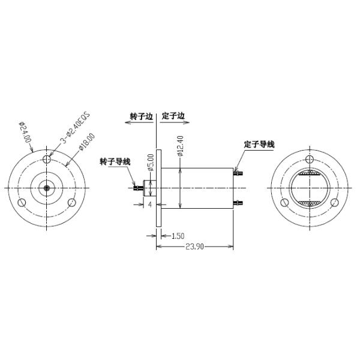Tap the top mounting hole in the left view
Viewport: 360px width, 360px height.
pos(47,159)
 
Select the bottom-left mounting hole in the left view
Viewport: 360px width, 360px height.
pos(22,202)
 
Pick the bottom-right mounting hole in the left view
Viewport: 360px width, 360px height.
pos(71,202)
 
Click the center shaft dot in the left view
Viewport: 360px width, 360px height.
pos(47,187)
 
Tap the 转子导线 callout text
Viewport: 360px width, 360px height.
pos(115,161)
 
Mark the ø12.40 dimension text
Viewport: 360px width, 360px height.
pos(180,146)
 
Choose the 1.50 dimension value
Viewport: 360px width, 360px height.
pos(178,235)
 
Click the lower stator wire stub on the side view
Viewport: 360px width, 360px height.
pos(238,202)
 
